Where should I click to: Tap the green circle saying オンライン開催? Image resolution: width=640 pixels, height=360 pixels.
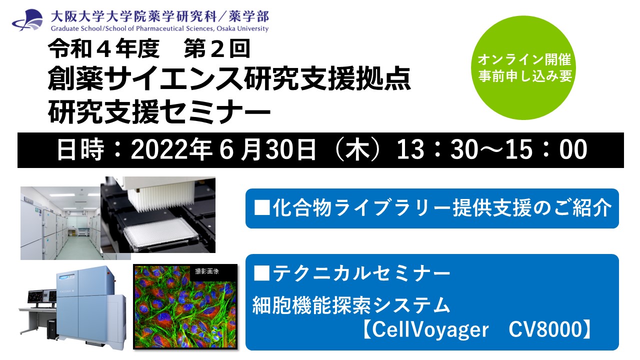523,67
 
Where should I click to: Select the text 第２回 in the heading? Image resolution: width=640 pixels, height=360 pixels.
217,49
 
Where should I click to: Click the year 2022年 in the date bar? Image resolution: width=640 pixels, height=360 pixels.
171,149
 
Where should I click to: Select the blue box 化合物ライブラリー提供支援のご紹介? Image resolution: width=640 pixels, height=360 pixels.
432,208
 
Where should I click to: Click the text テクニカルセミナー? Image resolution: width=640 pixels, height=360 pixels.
361,273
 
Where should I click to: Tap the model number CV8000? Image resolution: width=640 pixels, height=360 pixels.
545,329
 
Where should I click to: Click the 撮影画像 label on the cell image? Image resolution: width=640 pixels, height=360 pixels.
207,271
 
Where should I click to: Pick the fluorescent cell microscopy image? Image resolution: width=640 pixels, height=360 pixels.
185,306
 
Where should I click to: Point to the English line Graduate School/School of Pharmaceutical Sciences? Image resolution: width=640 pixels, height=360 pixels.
159,28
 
